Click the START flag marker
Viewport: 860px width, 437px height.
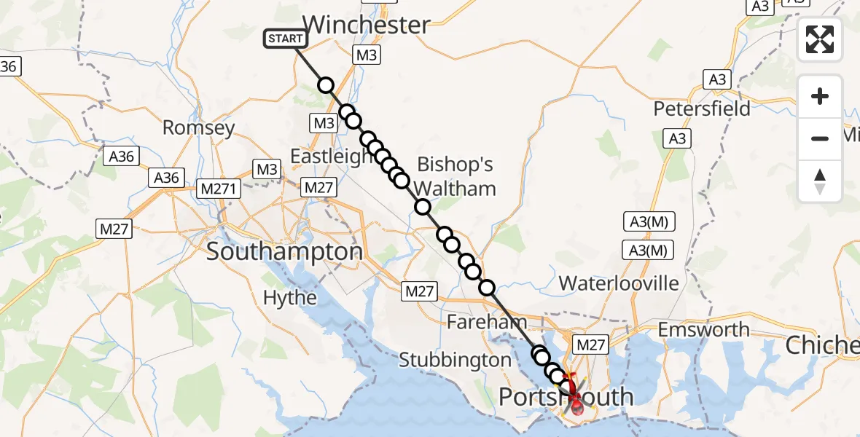point(285,39)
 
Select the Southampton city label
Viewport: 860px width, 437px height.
point(284,252)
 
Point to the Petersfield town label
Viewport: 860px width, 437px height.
point(702,109)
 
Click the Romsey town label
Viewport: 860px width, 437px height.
point(198,128)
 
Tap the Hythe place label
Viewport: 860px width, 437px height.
point(290,297)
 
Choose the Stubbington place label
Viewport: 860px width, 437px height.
point(456,360)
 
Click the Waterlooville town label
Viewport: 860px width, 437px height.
point(619,283)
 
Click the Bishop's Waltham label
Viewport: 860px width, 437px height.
point(456,176)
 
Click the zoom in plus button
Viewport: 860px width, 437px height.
point(820,96)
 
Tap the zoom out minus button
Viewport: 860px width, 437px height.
point(820,138)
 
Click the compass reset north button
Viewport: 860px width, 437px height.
point(820,181)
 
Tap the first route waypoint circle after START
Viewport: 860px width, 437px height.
point(326,85)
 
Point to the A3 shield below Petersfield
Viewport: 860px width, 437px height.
point(677,138)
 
